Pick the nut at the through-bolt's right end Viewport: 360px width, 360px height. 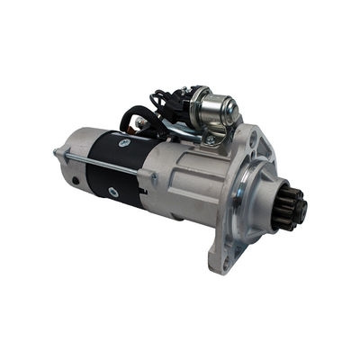point(153,181)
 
